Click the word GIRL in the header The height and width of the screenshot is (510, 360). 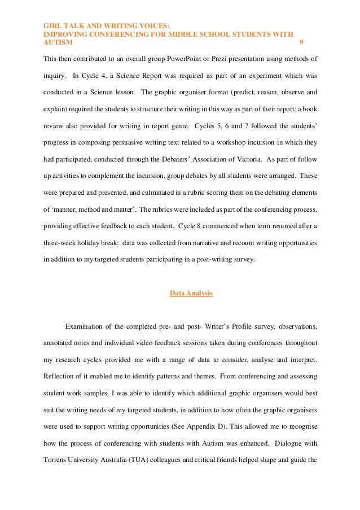pyautogui.click(x=52, y=25)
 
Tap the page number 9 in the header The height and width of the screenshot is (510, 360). pyautogui.click(x=301, y=42)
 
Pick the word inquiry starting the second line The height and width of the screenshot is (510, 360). pyautogui.click(x=55, y=75)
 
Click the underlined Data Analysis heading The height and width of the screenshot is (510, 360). pyautogui.click(x=191, y=293)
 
